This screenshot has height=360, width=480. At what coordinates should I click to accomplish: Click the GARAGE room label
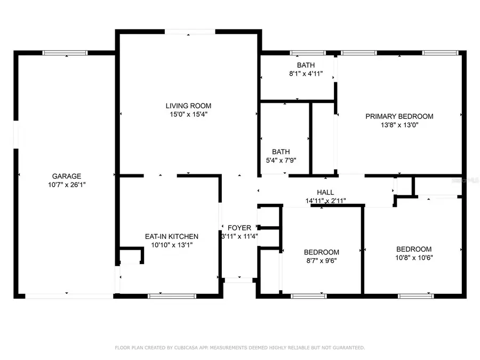67,176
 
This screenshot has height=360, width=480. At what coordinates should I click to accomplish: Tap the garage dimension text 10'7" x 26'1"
67,185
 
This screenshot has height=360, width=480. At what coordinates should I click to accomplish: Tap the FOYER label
239,228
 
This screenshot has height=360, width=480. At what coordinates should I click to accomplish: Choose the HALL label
325,193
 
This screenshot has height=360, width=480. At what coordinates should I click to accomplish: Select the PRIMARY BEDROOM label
399,116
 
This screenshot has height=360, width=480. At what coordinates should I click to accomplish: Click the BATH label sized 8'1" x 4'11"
306,65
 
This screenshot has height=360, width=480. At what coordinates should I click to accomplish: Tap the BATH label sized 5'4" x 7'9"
281,151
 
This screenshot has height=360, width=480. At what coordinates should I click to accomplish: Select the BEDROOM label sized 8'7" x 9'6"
322,252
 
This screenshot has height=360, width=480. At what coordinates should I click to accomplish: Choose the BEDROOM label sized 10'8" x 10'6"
414,249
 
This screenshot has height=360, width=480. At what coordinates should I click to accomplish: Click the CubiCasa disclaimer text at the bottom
240,348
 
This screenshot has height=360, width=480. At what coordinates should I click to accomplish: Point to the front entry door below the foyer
238,279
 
